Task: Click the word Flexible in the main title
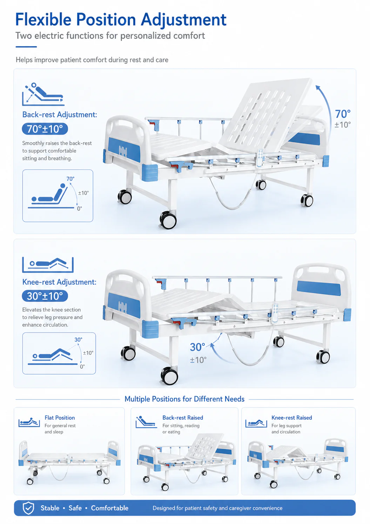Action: (x=43, y=19)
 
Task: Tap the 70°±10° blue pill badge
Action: (x=45, y=129)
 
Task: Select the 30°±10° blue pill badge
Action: (x=45, y=296)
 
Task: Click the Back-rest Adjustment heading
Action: (x=60, y=115)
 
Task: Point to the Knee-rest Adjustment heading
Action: (x=59, y=282)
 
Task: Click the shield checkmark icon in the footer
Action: (x=28, y=508)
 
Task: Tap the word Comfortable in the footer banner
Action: (x=110, y=508)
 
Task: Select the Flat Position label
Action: (x=60, y=418)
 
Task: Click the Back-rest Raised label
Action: (x=183, y=418)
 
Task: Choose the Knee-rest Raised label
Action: (x=291, y=418)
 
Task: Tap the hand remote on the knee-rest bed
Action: (x=275, y=312)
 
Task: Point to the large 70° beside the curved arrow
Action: (x=343, y=114)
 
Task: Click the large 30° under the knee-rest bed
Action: (x=197, y=347)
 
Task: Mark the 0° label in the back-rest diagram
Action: (x=80, y=208)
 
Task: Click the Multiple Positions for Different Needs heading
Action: (x=184, y=399)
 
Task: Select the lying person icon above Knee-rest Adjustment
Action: (x=48, y=265)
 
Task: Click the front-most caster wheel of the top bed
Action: (x=168, y=220)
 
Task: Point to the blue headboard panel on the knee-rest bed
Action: (x=319, y=288)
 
